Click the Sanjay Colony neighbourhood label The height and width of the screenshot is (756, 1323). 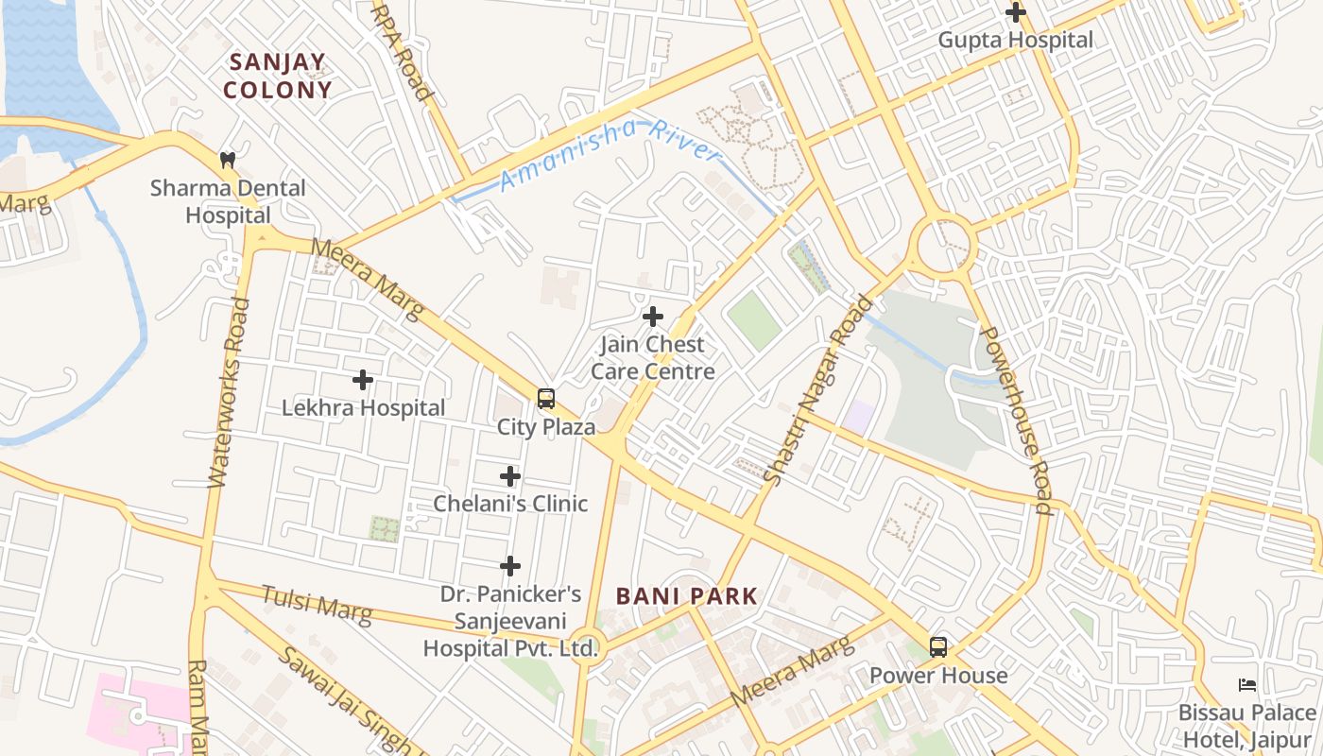[x=280, y=77]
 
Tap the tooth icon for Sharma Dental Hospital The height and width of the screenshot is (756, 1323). [x=227, y=160]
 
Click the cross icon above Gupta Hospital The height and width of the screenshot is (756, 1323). [x=1016, y=12]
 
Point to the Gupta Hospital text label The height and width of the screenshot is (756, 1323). [x=1015, y=40]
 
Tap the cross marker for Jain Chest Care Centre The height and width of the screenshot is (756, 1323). [x=652, y=317]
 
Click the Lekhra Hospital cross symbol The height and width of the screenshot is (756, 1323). [x=363, y=380]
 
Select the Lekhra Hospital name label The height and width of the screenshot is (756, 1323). [x=363, y=408]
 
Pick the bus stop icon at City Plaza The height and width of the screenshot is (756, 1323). [x=546, y=399]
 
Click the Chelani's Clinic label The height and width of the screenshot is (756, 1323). [x=510, y=504]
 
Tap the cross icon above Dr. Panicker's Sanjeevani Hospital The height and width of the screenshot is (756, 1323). [x=510, y=566]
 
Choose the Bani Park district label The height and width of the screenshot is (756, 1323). [x=686, y=596]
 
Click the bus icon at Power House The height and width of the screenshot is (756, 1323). [x=938, y=647]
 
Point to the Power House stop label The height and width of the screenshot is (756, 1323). [x=938, y=676]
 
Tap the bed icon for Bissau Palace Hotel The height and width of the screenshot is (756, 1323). [x=1247, y=685]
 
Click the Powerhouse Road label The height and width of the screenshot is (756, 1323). [x=1016, y=420]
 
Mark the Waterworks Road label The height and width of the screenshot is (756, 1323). [x=229, y=392]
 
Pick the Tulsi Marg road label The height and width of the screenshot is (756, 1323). [x=317, y=605]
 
